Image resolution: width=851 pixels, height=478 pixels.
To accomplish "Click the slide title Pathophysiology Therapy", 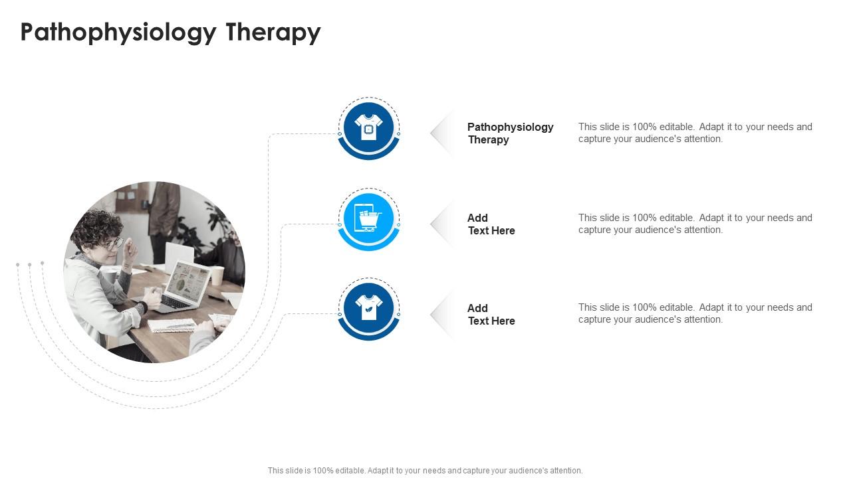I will [170, 32].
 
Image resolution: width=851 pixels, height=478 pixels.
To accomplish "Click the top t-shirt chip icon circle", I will [369, 127].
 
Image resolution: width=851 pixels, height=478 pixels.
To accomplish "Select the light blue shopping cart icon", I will [369, 218].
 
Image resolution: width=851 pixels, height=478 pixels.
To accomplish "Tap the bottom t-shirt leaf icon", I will [369, 308].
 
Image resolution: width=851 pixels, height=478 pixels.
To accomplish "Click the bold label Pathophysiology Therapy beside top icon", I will [510, 133].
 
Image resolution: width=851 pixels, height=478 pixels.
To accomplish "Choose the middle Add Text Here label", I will [491, 224].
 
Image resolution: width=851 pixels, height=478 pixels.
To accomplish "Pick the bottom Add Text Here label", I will [491, 314].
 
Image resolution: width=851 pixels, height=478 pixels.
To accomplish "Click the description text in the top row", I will [695, 133].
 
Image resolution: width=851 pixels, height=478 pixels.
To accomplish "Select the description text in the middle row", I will [695, 224].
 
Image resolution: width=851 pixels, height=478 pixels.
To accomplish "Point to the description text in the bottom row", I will [695, 313].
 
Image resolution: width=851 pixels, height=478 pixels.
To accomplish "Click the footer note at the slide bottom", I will [425, 470].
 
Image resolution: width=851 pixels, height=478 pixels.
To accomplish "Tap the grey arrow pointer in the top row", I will [441, 133].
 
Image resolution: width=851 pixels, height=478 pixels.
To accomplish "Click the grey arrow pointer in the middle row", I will [441, 224].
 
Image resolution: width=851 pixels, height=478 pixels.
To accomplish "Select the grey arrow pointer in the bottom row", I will [441, 315].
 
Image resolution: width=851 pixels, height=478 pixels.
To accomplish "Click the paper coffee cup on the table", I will [217, 275].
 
